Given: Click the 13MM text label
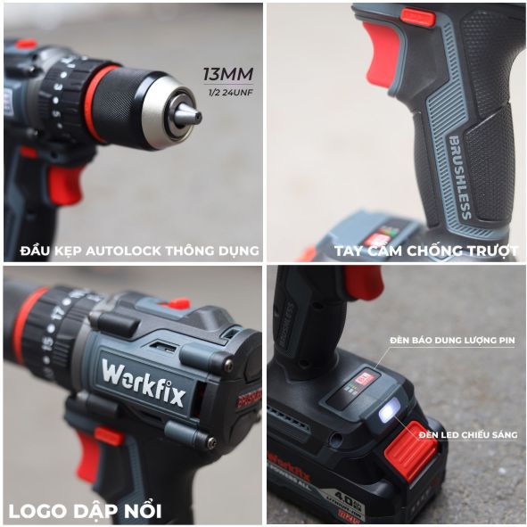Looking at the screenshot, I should point(228,73).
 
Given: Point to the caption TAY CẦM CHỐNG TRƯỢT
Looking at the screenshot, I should point(425,251).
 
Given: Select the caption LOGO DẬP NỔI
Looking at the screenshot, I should point(85,511).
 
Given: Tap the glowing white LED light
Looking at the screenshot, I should point(389,413).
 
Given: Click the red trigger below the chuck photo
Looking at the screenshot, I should point(63,182).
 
